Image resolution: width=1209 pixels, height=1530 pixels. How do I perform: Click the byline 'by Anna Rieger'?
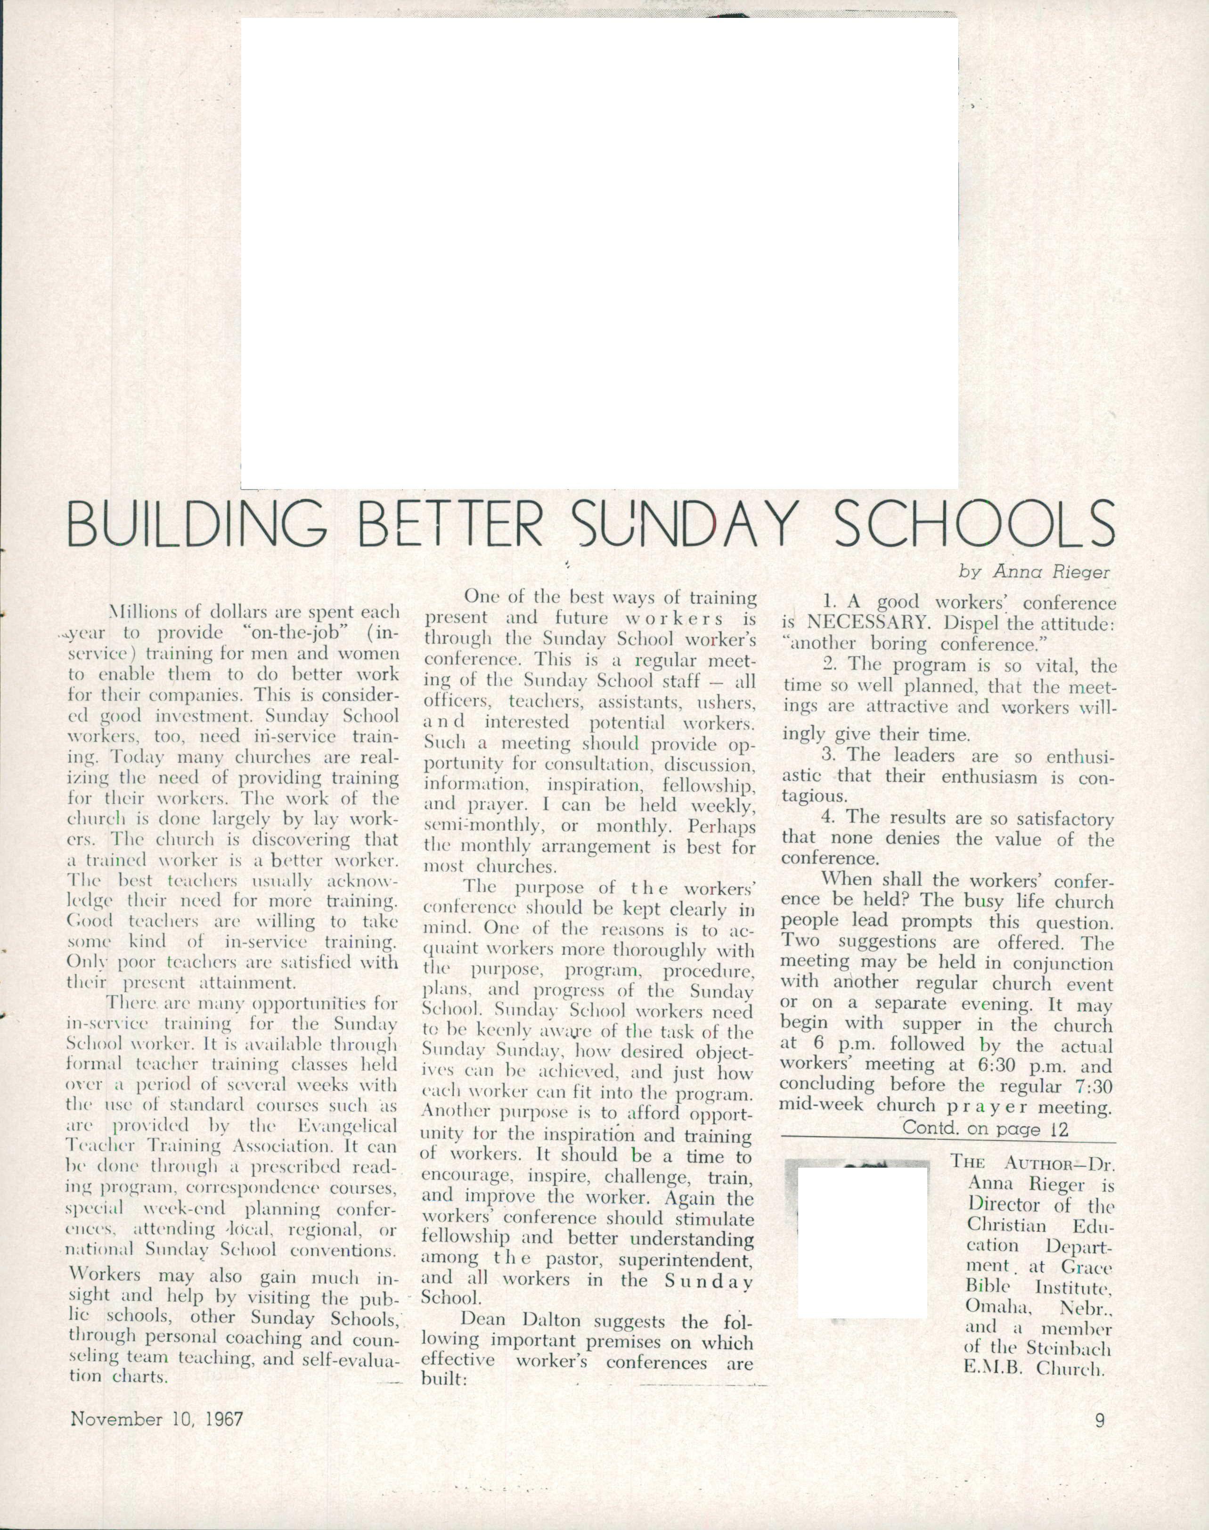(1035, 572)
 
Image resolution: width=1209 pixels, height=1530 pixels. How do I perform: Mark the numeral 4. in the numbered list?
(830, 818)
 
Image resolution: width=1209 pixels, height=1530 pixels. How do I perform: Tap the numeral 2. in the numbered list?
(830, 665)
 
